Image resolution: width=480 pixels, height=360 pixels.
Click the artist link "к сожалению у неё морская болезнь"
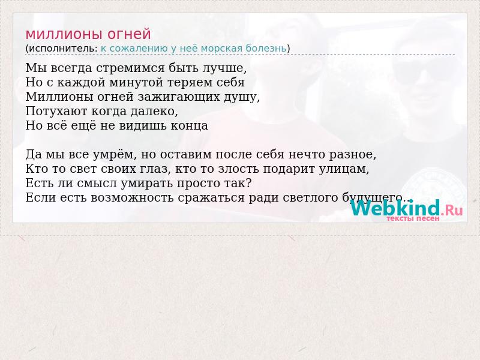click(x=193, y=49)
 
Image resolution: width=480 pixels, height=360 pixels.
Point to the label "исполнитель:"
click(x=63, y=49)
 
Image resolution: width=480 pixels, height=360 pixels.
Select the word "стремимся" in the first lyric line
click(x=130, y=68)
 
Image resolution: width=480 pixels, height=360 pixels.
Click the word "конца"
click(x=190, y=126)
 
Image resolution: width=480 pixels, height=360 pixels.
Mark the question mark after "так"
click(x=248, y=183)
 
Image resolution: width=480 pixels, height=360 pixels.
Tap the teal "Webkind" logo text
click(x=395, y=208)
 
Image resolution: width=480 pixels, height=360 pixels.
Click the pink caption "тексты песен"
click(x=413, y=218)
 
